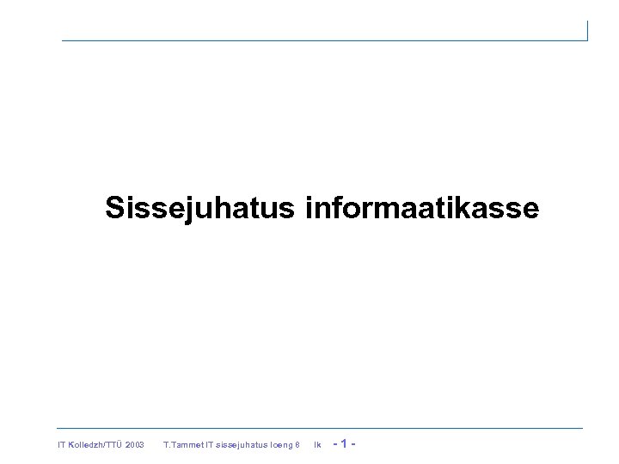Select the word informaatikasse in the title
(x=421, y=209)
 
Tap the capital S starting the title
(x=115, y=209)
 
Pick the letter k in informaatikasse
(x=462, y=208)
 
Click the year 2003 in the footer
(x=134, y=445)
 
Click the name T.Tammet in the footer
(x=182, y=445)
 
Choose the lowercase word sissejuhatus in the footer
(x=241, y=445)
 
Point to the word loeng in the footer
(x=281, y=445)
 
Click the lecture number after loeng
(x=297, y=445)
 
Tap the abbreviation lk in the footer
(x=317, y=445)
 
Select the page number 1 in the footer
(x=344, y=444)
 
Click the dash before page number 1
(x=334, y=444)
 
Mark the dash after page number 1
(x=353, y=444)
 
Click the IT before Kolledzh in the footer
(x=61, y=445)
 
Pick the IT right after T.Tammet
(x=209, y=445)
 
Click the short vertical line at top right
(x=587, y=31)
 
